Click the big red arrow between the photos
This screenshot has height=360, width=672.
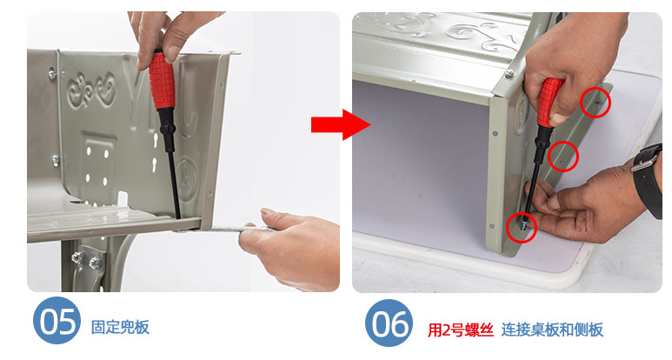[341, 124]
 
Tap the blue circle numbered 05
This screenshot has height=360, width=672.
[57, 322]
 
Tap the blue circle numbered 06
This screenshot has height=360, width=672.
[389, 323]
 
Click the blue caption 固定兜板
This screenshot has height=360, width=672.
[120, 327]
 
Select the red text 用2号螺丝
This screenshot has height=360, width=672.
[461, 330]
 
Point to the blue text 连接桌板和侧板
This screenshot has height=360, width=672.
[552, 330]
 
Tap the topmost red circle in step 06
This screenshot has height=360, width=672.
[595, 103]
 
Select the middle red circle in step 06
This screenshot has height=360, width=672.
[563, 157]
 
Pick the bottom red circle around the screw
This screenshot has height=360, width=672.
[522, 228]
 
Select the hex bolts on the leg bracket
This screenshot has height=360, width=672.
[86, 260]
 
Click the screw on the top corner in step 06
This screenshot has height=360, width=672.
[509, 74]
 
